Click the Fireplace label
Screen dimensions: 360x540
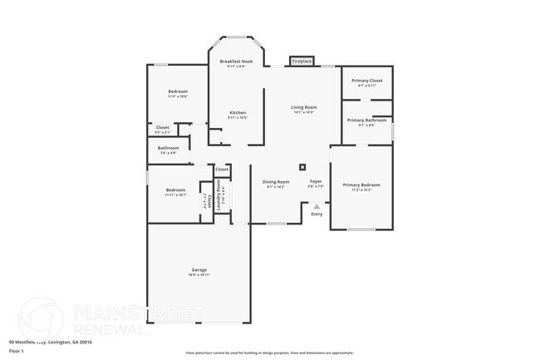click(302, 61)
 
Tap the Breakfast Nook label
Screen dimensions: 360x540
click(237, 62)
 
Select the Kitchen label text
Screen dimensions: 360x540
click(238, 112)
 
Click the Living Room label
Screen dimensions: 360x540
click(303, 107)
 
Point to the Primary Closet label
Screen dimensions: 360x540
click(367, 81)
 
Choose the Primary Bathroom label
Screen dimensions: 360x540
click(366, 120)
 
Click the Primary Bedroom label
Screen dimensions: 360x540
click(361, 185)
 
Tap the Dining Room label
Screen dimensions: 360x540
click(276, 182)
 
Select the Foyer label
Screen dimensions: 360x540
click(316, 181)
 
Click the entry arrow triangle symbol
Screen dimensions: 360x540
click(317, 206)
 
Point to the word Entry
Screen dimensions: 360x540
click(317, 215)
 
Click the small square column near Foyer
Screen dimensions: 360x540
click(302, 166)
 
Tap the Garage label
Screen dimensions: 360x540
click(199, 269)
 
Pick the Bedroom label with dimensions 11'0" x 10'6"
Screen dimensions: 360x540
click(178, 91)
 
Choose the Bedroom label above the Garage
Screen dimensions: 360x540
click(175, 190)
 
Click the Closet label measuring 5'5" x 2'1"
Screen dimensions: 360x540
click(163, 127)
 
